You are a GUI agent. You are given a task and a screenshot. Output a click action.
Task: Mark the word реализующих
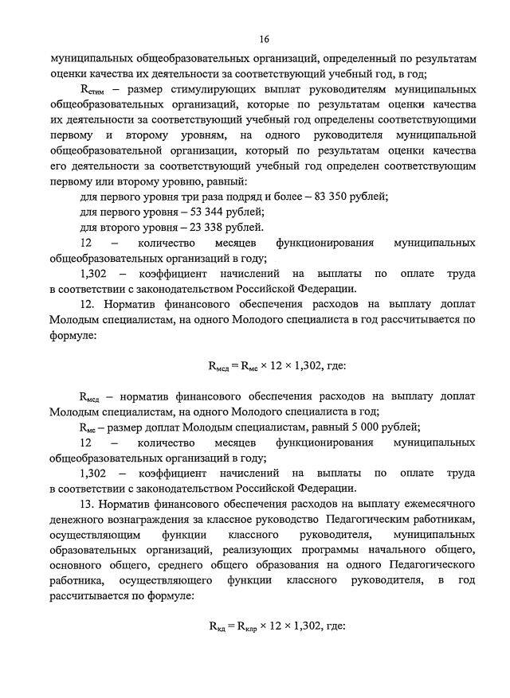point(257,550)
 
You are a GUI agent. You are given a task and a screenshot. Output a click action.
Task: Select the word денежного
point(80,520)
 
